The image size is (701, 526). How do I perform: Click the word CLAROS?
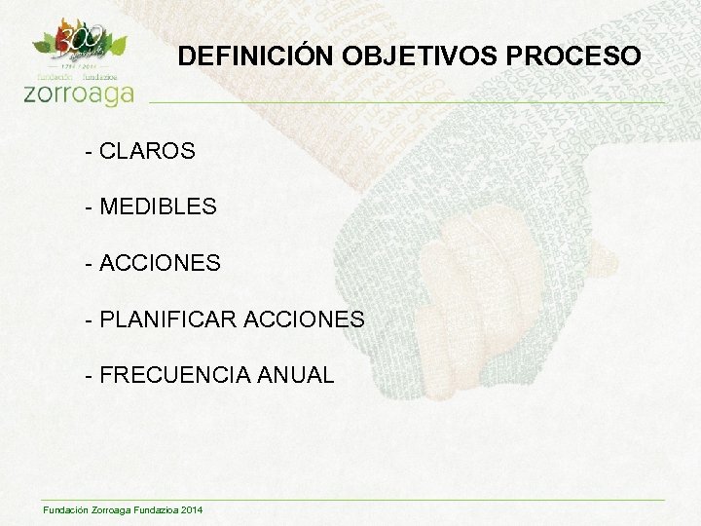(147, 152)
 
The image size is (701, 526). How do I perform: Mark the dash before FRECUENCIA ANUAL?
(90, 376)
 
